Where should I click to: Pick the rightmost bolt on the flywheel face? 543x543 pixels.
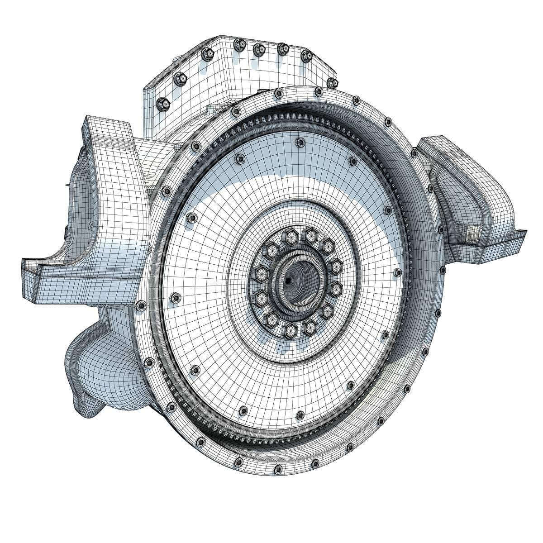pyautogui.click(x=397, y=272)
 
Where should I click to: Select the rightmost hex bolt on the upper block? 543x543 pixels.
pyautogui.click(x=333, y=82)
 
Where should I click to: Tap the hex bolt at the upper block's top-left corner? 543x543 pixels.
pyautogui.click(x=205, y=52)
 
